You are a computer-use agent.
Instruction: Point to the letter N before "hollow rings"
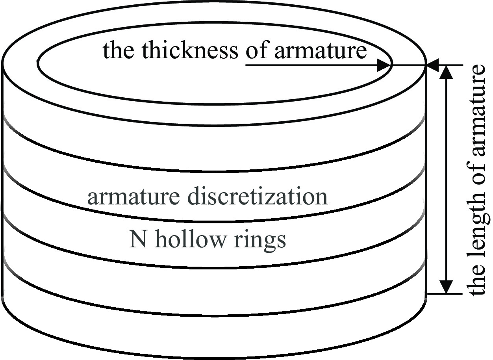pos(136,239)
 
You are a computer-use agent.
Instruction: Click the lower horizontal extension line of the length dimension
pos(445,294)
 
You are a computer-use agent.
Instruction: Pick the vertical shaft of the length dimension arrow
pos(446,177)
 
